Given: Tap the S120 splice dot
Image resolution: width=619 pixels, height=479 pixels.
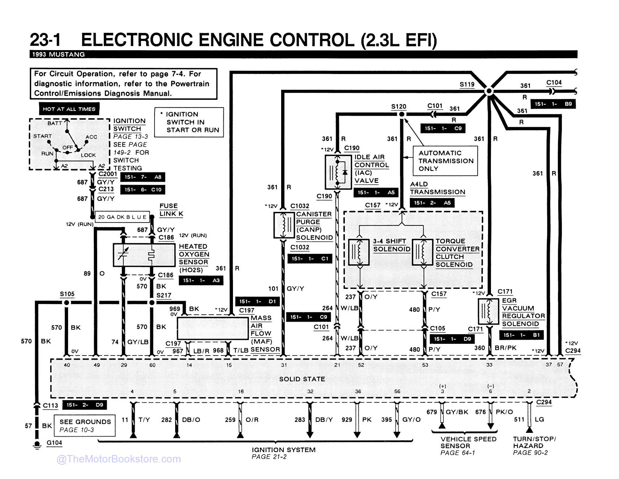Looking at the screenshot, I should (x=402, y=114).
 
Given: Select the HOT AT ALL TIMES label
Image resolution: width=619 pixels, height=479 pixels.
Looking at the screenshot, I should (x=69, y=109).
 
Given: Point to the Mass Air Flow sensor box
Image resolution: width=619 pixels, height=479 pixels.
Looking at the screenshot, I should (x=213, y=328).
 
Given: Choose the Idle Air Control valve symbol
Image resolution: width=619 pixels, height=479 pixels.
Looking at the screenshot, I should (x=338, y=172).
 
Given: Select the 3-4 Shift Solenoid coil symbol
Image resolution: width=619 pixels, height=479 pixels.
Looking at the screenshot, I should (x=359, y=252).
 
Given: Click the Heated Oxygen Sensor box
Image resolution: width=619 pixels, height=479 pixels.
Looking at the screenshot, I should (x=144, y=255).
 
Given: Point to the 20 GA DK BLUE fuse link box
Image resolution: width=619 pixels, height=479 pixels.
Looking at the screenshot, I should (x=122, y=217).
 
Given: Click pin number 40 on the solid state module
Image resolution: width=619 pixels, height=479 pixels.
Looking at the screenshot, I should (x=67, y=365).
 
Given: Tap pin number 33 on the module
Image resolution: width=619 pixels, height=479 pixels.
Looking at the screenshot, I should (x=489, y=365).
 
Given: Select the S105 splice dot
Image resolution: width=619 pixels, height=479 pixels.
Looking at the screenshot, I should (x=66, y=303).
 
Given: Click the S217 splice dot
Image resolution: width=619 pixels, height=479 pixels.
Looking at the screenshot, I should (x=151, y=303).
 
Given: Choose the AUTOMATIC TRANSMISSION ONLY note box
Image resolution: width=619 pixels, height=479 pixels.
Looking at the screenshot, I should (x=445, y=161).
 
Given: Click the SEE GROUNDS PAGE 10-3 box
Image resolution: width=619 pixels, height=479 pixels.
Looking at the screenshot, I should (x=85, y=426).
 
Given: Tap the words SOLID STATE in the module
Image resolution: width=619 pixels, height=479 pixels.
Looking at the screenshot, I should (x=302, y=379).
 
